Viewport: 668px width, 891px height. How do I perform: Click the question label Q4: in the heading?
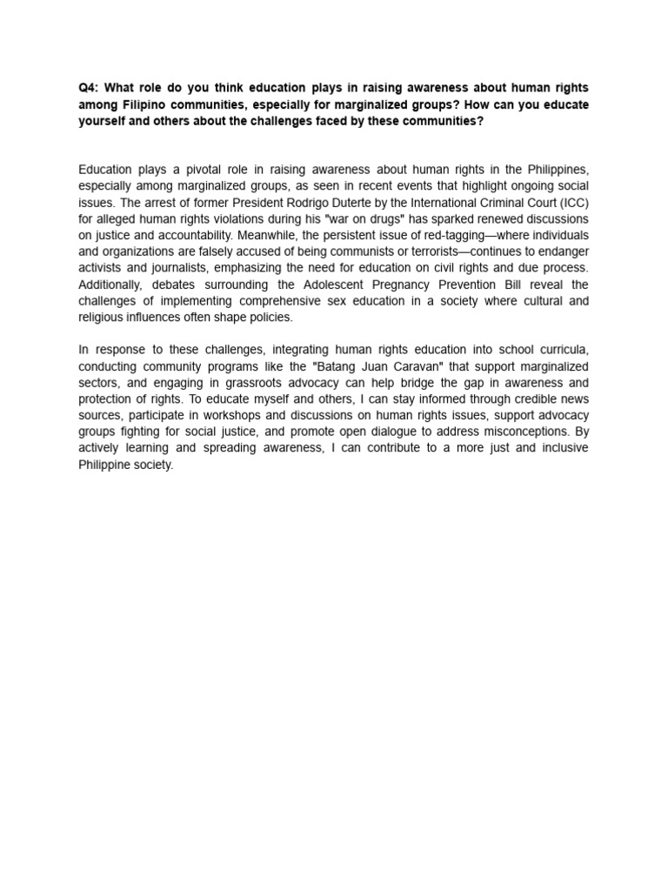(x=89, y=88)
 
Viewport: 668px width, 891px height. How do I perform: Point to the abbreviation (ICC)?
(x=571, y=203)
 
